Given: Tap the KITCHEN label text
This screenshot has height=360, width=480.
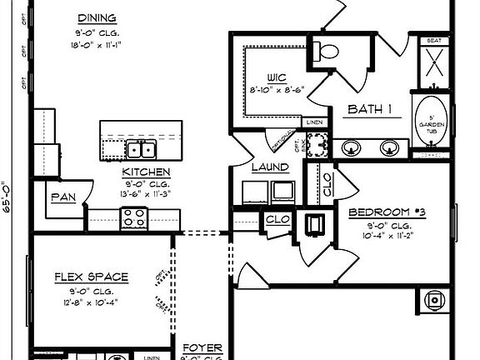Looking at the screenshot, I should tap(147, 172).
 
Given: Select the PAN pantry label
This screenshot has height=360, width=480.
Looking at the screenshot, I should tap(64, 197).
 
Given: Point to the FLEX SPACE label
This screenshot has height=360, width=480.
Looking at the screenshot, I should tap(91, 277).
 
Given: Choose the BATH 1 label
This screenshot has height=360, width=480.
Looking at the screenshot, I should tap(369, 109).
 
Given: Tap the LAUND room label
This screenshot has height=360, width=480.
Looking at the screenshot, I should tap(270, 167).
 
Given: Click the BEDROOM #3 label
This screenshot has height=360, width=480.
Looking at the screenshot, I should tap(387, 212).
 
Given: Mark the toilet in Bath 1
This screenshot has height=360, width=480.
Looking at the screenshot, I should tap(327, 51).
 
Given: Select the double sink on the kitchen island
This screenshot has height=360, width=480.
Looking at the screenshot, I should tap(141, 149).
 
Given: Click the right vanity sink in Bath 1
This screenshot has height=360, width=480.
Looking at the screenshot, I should tap(388, 147).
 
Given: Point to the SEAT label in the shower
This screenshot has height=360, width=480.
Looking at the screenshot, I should tap(432, 40).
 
